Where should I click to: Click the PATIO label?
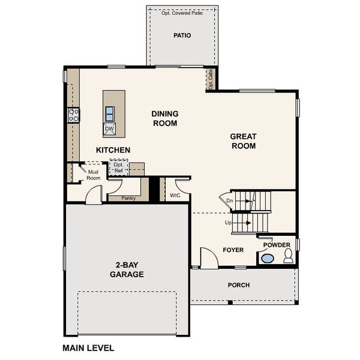coord(182,35)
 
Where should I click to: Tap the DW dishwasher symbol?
coord(109,129)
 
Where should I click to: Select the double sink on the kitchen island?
coord(110,114)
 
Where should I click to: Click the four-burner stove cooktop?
coord(73,115)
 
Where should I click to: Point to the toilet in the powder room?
coord(288,256)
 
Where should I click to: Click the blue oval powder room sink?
coord(268,259)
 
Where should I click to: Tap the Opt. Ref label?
coord(118,167)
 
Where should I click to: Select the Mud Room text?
coord(93,175)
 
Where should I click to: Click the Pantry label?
coord(128,198)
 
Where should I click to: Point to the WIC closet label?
coord(175,196)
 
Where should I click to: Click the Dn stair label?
coord(230,200)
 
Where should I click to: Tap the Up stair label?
coord(228,223)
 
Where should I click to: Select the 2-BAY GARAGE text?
coord(127,269)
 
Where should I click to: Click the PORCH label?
coord(239,285)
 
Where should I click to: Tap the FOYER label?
coord(233,250)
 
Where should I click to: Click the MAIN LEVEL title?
coord(88,348)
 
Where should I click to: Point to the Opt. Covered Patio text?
coord(182,13)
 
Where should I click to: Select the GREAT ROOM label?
coord(244,141)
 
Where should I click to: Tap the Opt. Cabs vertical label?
coord(211,79)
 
